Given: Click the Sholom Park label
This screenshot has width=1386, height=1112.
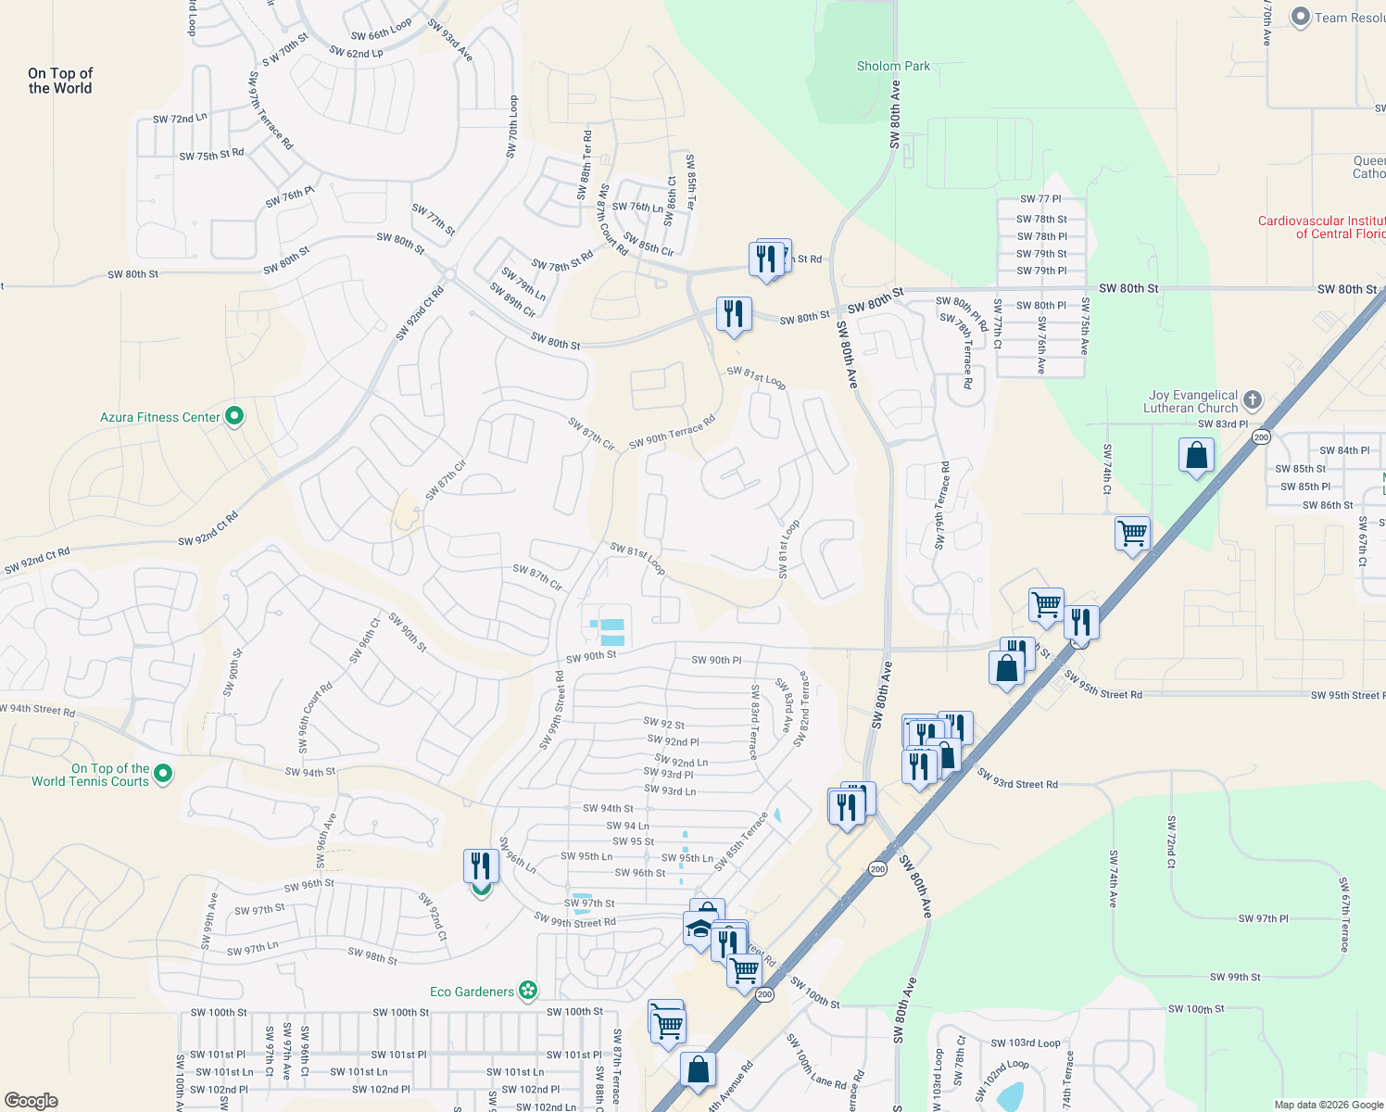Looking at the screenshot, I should [x=893, y=66].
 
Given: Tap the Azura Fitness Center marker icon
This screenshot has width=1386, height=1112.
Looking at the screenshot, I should [x=234, y=417].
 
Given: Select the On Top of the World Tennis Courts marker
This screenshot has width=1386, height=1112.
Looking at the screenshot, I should [x=163, y=773].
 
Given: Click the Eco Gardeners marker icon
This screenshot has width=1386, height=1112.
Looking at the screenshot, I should [x=528, y=992].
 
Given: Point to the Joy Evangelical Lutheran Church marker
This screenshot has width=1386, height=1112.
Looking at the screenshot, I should [x=1253, y=400].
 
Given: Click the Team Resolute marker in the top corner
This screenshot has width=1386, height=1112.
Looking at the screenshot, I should [x=1301, y=17].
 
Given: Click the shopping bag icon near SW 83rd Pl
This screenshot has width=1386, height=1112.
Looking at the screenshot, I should [x=1196, y=456].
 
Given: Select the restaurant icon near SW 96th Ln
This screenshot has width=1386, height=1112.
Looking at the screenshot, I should [x=481, y=866].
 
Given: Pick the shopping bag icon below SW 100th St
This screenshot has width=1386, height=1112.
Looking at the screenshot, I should [x=698, y=1069].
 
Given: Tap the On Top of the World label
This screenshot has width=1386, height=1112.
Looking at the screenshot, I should [x=60, y=81].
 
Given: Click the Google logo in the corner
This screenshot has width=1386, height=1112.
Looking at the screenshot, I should [x=31, y=1100].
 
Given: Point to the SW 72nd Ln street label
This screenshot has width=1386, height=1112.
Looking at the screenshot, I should [x=180, y=119].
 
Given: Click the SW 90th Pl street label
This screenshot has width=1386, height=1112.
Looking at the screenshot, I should [x=716, y=660].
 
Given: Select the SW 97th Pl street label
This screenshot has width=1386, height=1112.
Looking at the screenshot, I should [x=1263, y=918].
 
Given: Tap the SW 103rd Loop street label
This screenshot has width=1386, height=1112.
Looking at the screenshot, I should [x=1025, y=1043].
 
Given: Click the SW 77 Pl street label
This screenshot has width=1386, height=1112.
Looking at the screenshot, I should [x=1040, y=199].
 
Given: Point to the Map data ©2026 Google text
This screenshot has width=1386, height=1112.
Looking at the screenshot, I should [x=1328, y=1104].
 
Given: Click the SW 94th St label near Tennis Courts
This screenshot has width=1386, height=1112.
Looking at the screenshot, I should [x=310, y=771].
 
